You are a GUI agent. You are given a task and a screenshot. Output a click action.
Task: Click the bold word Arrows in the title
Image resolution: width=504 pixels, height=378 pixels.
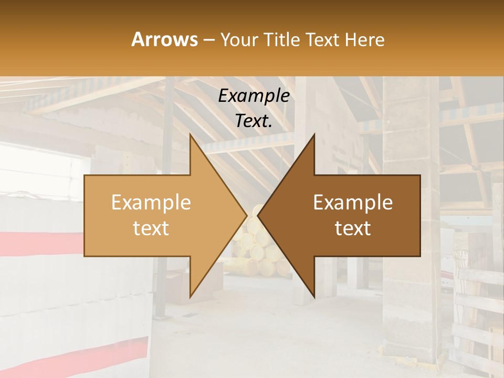165,39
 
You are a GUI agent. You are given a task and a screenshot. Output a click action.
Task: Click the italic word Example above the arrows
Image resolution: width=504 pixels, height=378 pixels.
254,96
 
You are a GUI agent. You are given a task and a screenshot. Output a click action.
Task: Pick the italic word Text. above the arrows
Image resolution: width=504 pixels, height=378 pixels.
254,121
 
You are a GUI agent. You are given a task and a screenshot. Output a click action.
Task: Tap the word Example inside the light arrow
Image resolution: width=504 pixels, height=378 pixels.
151,203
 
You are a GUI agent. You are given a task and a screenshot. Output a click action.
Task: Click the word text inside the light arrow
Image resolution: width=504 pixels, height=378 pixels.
151,228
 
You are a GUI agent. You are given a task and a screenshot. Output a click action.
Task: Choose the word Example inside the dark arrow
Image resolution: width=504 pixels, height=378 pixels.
353,203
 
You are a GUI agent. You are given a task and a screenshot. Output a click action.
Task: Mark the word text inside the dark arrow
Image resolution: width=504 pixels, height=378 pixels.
353,228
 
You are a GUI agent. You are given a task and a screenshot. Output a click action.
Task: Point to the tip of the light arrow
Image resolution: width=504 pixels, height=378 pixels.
245,215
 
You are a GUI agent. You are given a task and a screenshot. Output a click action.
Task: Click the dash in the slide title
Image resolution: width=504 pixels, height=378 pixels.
208,40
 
